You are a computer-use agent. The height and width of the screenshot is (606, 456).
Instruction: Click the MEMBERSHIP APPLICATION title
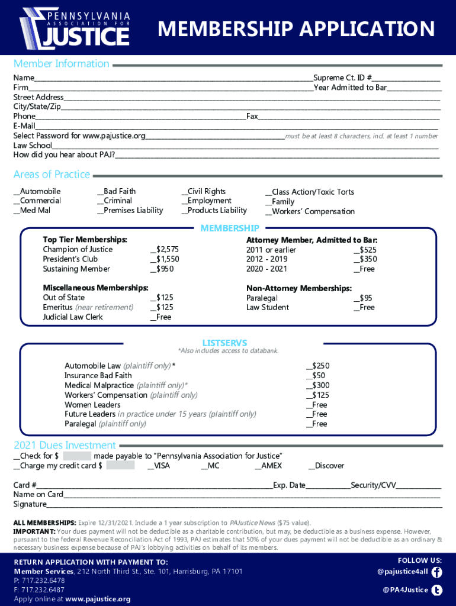point(296,28)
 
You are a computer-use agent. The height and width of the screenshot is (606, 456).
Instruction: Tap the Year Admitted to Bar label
point(350,88)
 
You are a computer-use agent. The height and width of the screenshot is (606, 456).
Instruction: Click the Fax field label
point(252,117)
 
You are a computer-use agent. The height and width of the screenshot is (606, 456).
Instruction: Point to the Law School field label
point(33,146)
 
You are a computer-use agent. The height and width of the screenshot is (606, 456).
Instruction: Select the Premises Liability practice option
point(130,211)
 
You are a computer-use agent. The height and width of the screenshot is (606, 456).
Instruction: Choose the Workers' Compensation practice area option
point(310,212)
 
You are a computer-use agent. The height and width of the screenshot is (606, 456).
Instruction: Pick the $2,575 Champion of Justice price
point(165,250)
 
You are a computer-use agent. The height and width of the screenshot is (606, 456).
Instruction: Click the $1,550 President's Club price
point(165,259)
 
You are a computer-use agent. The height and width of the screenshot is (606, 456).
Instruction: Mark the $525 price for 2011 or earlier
point(365,250)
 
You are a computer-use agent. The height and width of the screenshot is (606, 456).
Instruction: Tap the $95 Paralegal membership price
point(362,298)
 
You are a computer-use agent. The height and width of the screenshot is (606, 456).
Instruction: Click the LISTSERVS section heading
point(224,343)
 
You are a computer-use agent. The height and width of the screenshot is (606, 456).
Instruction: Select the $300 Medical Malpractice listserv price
point(317,385)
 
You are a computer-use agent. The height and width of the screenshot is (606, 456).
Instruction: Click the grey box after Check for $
point(77,456)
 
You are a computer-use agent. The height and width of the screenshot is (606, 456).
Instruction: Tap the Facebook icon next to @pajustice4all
point(437,572)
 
